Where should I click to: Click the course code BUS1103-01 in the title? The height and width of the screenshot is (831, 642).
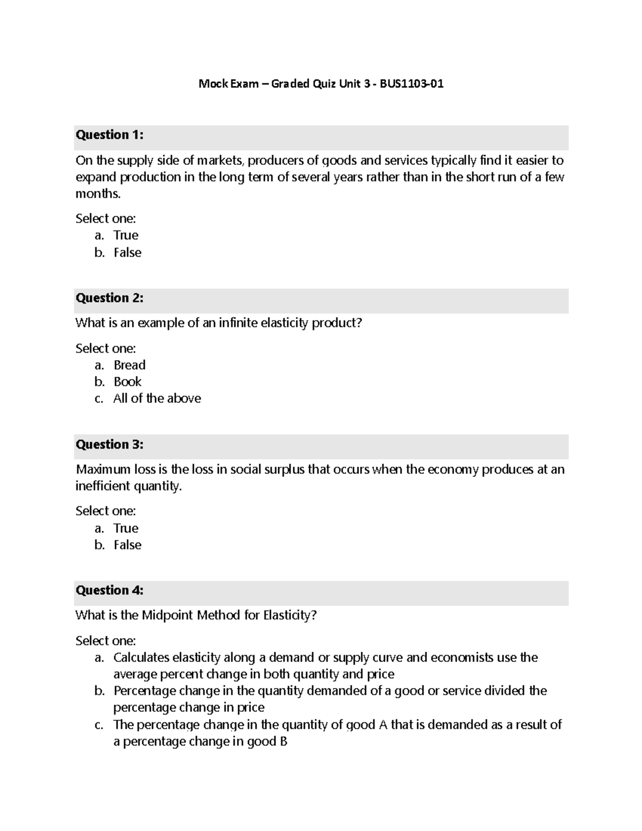(411, 83)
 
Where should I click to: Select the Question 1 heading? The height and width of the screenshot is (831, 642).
(109, 135)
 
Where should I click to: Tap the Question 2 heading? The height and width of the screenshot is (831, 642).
(109, 298)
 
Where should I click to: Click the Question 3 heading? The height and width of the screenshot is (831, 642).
(109, 445)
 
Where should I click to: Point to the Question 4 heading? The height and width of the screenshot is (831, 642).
(109, 590)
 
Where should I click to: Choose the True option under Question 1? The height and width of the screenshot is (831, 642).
(126, 235)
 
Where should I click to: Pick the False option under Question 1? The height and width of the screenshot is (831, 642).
(127, 253)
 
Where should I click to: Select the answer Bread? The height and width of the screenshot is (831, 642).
(129, 365)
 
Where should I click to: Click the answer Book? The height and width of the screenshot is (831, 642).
(127, 382)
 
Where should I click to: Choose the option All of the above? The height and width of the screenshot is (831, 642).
(157, 399)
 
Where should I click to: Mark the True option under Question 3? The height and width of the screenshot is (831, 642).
(126, 528)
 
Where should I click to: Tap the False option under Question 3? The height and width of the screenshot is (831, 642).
(127, 545)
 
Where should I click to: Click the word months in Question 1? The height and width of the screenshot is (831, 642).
(98, 194)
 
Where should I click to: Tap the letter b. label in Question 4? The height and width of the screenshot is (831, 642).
(100, 691)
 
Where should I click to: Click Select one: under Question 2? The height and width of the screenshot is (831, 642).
(105, 348)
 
